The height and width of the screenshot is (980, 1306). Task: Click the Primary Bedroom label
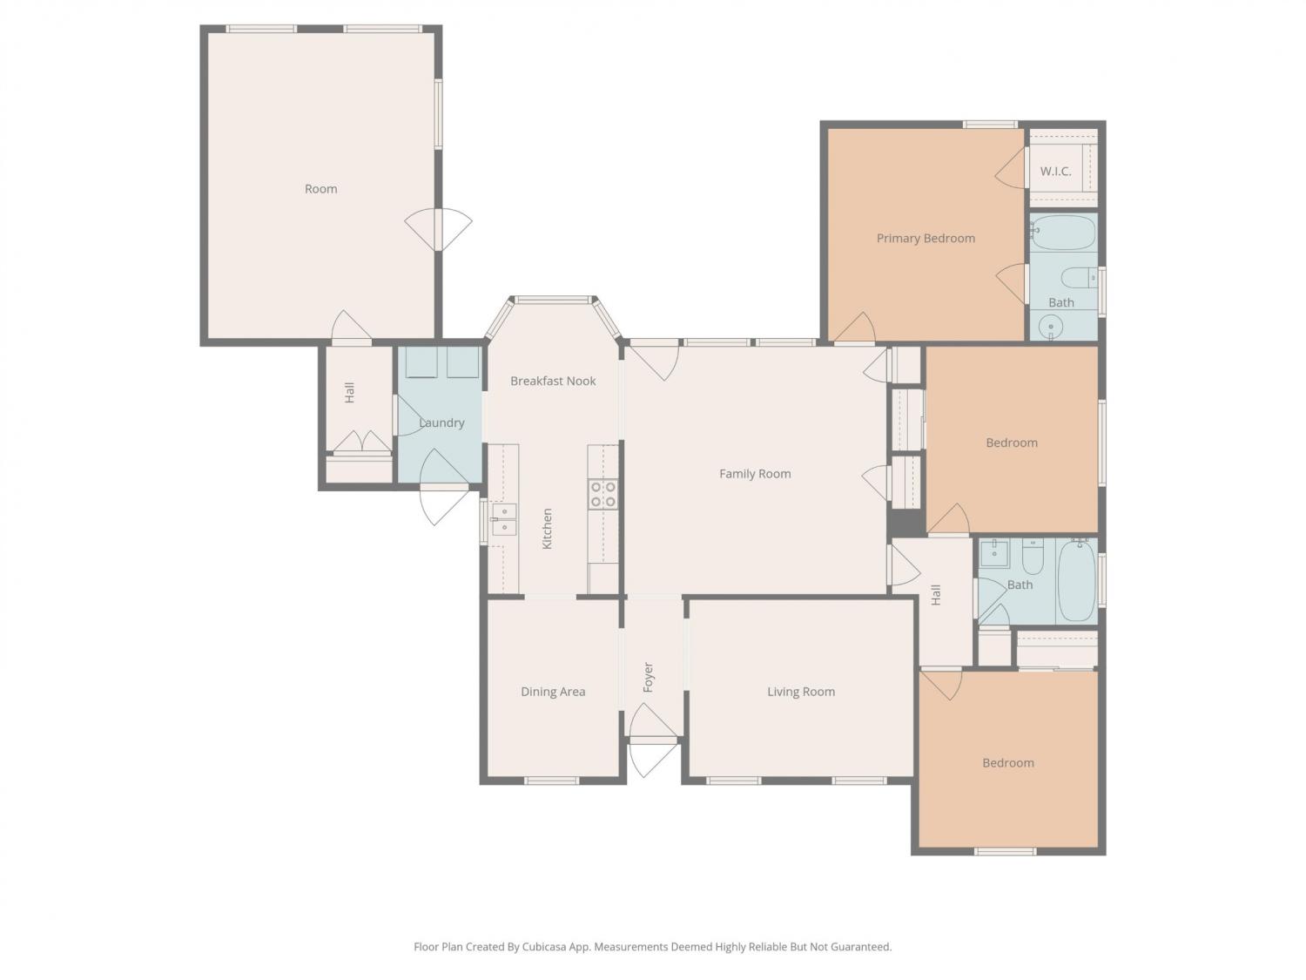(x=926, y=239)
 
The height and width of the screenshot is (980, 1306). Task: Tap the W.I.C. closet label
(x=1055, y=172)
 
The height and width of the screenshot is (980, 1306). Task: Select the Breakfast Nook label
(x=553, y=381)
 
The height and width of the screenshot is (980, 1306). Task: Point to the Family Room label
(x=755, y=474)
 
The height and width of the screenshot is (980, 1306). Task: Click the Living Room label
(x=801, y=692)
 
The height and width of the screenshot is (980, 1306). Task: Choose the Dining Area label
(x=553, y=692)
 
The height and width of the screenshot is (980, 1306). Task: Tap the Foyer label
(x=648, y=677)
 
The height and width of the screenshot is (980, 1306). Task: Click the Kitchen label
(x=548, y=529)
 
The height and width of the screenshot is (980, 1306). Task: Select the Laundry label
(x=441, y=422)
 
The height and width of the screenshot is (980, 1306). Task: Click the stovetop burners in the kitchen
(x=603, y=495)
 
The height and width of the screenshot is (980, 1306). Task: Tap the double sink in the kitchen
(x=504, y=519)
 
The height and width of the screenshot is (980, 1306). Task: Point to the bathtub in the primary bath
(x=1063, y=232)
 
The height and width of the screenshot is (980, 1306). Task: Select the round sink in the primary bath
(x=1052, y=327)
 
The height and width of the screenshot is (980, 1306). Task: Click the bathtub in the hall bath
(x=1076, y=580)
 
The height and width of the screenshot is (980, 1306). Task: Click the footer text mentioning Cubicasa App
(x=653, y=947)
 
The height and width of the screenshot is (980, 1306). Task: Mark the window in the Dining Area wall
(x=552, y=780)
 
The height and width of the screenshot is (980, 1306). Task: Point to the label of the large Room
(x=320, y=189)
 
